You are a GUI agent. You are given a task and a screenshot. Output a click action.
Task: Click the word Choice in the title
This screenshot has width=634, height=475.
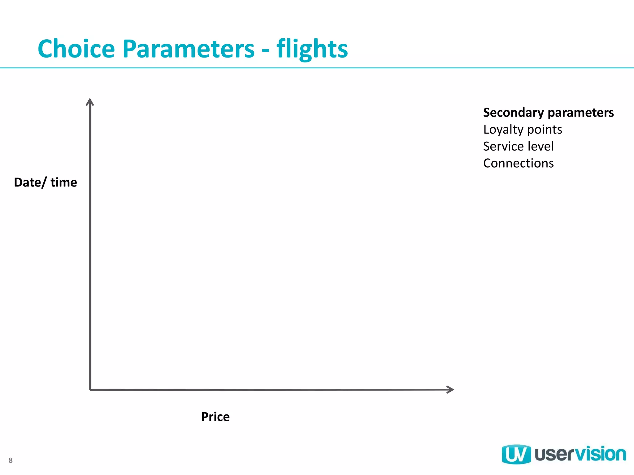click(76, 49)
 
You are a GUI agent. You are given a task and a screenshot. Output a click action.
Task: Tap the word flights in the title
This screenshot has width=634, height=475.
click(312, 49)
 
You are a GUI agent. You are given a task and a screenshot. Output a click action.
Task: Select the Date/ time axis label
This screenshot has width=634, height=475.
click(46, 182)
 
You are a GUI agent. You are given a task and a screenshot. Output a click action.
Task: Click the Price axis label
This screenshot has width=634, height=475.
click(215, 417)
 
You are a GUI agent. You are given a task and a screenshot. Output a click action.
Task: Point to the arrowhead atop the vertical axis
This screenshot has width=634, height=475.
click(90, 101)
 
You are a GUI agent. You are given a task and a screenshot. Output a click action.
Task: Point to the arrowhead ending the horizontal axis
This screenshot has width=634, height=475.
click(450, 390)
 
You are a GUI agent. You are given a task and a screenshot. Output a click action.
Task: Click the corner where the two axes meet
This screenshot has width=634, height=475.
click(90, 390)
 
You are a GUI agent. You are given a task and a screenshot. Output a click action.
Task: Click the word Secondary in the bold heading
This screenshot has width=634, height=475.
click(513, 113)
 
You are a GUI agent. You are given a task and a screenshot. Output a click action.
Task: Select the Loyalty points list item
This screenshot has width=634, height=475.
click(523, 130)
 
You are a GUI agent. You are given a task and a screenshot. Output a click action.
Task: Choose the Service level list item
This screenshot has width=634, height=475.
click(518, 146)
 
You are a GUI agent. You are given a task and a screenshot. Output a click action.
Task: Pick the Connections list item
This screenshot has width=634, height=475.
click(518, 163)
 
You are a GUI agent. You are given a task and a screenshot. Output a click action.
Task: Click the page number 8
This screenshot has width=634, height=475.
click(11, 460)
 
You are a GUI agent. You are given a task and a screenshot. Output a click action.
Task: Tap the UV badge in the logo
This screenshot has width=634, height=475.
click(516, 454)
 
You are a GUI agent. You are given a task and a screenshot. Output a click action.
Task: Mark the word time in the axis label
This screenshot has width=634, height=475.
click(64, 182)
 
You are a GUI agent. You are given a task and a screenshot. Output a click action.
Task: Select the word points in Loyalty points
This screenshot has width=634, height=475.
click(545, 130)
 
